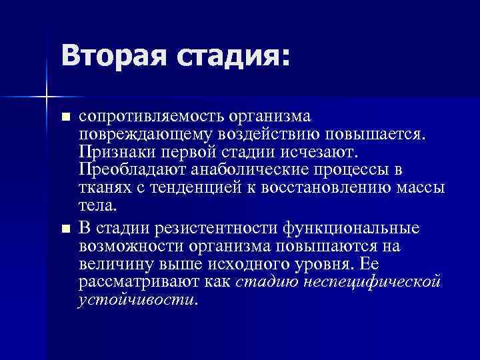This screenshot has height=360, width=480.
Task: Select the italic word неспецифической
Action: [x=372, y=281]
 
